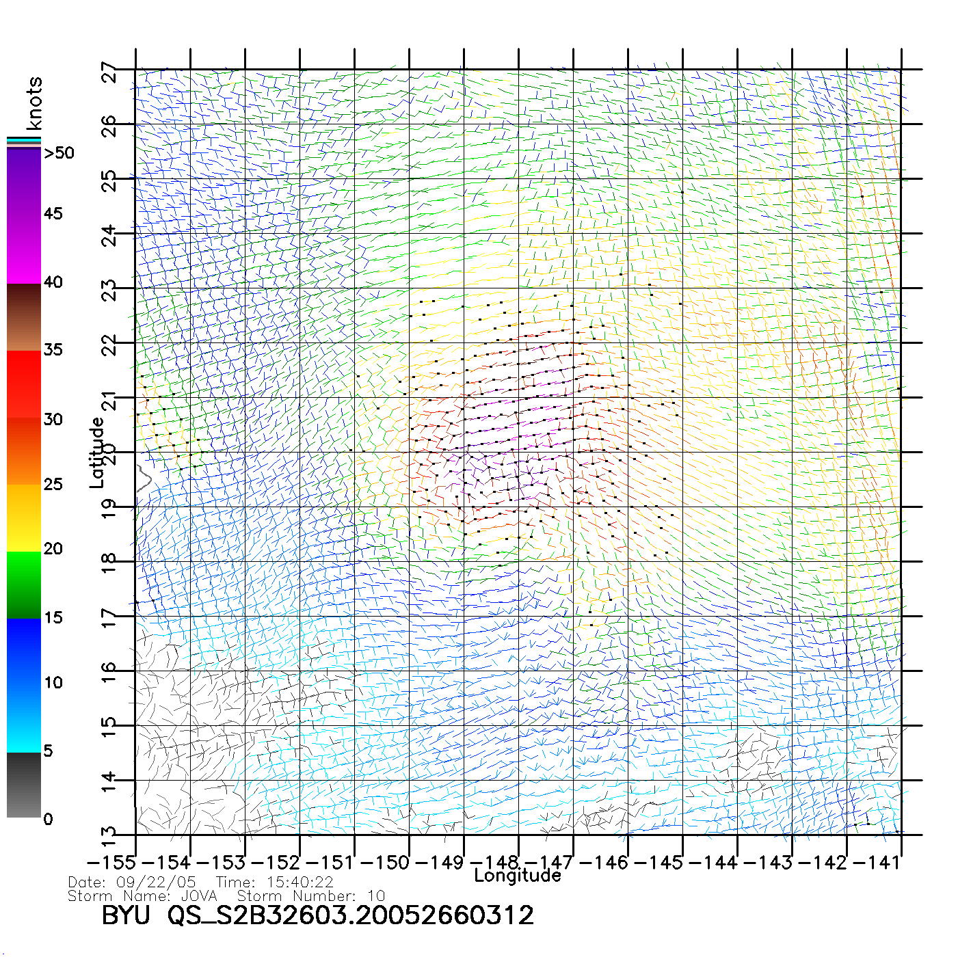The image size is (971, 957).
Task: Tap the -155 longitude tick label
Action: tap(111, 862)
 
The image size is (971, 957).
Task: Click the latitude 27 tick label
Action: tap(109, 72)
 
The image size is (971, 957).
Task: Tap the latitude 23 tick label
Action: tap(109, 291)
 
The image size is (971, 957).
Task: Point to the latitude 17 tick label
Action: tap(109, 617)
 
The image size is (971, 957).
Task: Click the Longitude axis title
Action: tap(518, 876)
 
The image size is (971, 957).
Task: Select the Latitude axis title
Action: tap(97, 452)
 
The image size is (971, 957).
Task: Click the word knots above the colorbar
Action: tap(34, 103)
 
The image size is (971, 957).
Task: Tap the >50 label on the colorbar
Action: tap(59, 153)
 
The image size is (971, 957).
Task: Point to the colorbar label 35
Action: tap(53, 350)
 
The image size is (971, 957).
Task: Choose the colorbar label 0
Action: tap(48, 819)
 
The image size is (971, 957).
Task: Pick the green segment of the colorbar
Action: tap(24, 584)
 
